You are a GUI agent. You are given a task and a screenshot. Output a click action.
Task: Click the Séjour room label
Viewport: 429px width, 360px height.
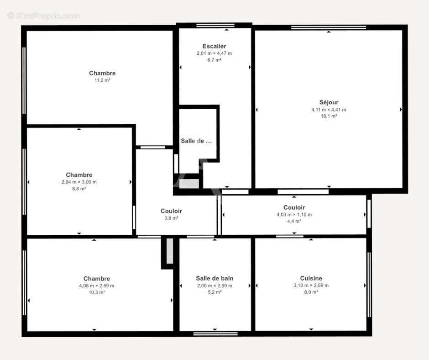pos(329,102)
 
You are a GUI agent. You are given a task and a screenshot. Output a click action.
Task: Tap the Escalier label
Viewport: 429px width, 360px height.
pos(214,46)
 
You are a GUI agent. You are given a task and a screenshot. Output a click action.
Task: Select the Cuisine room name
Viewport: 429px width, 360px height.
pos(311,278)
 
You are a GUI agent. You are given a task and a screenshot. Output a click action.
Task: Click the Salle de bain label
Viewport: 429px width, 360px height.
pos(214,278)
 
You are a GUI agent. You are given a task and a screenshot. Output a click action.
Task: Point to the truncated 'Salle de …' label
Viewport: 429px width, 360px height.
pos(196,141)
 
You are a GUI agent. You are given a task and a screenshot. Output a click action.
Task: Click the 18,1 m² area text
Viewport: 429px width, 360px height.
pos(329,116)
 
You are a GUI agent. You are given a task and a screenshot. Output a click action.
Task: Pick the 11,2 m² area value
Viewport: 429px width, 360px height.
pos(102,80)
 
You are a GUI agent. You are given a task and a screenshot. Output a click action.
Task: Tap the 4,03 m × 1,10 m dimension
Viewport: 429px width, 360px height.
pos(294,215)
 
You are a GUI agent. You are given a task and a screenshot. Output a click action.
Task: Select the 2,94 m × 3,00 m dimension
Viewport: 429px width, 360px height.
pos(79,182)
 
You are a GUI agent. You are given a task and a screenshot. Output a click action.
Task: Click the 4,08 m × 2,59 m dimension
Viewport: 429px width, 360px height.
pos(97,286)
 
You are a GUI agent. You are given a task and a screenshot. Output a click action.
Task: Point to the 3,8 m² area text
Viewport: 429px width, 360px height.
pos(171,218)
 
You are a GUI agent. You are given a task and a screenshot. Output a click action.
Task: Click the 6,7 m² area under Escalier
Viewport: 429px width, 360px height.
pos(214,60)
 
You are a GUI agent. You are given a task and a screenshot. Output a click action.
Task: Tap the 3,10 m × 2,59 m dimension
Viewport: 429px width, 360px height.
pos(311,286)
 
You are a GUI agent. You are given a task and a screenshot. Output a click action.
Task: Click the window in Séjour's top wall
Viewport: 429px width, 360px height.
pos(329,27)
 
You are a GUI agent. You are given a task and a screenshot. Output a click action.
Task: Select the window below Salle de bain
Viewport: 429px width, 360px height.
pos(215,334)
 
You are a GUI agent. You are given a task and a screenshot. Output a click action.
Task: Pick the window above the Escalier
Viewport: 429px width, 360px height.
pos(215,26)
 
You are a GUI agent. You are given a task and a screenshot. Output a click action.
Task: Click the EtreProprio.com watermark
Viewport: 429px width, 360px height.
pos(44,16)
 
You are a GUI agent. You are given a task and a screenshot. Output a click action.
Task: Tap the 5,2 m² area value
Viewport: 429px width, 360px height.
pos(214,292)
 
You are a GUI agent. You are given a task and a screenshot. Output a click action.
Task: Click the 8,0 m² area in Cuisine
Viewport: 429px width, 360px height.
pos(311,292)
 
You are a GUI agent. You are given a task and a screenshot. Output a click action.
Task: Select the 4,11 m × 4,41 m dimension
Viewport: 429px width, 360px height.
pos(329,110)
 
